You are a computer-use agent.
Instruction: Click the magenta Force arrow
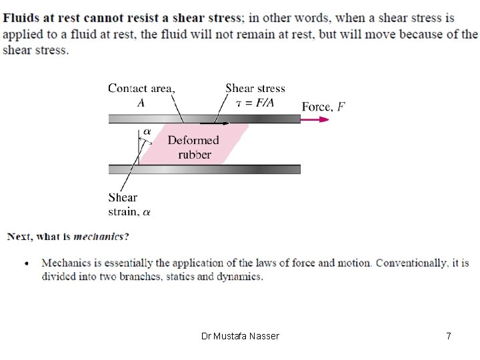coord(315,119)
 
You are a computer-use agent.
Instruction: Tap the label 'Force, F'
coord(323,107)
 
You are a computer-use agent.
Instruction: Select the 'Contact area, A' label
coord(141,95)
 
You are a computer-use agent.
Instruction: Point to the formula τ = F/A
coord(255,103)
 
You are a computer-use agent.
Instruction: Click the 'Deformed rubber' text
coord(193,147)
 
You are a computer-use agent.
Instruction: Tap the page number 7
coord(449,336)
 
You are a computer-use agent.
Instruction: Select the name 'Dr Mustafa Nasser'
coord(240,336)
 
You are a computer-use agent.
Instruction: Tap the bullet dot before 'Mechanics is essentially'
coord(27,263)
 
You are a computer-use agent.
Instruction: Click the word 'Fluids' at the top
coord(20,18)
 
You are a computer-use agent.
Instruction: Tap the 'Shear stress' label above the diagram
coord(255,89)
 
